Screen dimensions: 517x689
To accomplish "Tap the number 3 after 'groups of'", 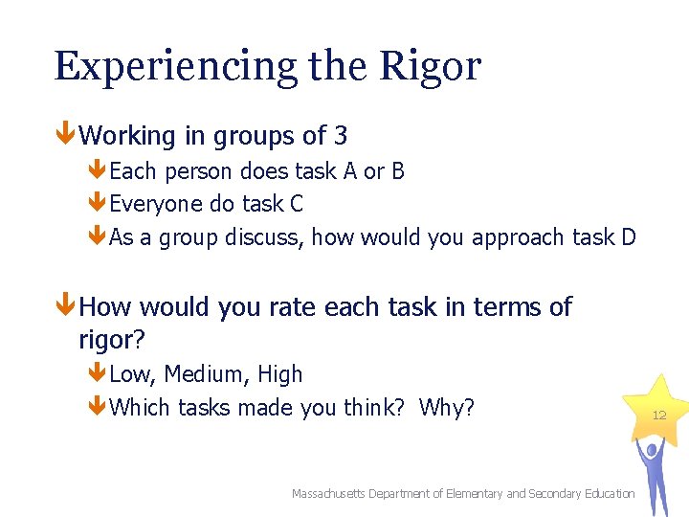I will (341, 136).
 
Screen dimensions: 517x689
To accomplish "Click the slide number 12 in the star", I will (658, 415).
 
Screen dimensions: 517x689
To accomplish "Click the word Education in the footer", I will (605, 493).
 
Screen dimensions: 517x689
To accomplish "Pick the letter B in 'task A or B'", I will (397, 171).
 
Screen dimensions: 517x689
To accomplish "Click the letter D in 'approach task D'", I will (628, 237).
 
